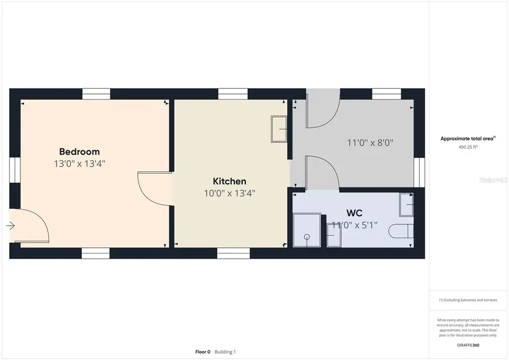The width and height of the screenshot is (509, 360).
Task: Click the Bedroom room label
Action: [79, 152]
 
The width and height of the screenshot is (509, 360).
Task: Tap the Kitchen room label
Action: [229, 181]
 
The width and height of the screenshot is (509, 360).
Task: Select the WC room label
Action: [354, 213]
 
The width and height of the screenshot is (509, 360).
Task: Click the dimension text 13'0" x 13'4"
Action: [79, 164]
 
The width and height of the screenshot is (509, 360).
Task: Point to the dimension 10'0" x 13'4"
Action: [229, 193]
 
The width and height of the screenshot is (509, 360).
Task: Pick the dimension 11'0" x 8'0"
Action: [370, 143]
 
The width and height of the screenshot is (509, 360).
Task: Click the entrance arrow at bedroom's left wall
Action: [11, 226]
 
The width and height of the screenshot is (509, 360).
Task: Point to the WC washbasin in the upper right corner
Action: [407, 205]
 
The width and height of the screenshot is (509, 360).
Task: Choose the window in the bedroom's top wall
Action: [96, 94]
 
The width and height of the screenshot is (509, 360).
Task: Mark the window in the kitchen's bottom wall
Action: [234, 253]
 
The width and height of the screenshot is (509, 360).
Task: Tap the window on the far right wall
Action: [419, 172]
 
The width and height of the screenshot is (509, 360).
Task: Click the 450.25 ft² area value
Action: [468, 147]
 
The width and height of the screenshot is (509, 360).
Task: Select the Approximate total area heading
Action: [468, 138]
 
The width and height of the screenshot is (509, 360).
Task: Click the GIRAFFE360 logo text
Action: [468, 345]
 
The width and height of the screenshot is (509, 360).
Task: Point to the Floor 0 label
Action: [202, 352]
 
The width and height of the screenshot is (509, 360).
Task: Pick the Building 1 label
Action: [225, 352]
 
